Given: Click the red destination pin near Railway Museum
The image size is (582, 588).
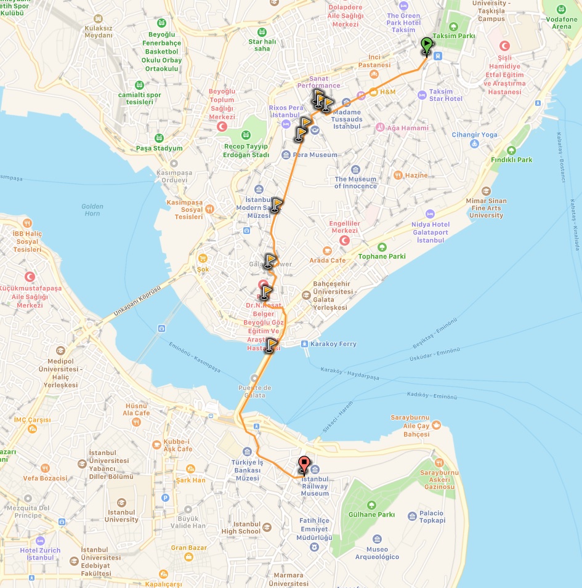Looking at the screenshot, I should [x=304, y=465].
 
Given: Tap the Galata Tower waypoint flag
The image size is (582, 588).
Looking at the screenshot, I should [x=270, y=262].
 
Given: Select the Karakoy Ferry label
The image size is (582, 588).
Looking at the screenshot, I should [x=333, y=344].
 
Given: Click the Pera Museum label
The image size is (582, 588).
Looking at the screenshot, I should [x=315, y=155].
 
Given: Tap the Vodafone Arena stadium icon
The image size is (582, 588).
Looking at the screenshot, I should [x=561, y=9].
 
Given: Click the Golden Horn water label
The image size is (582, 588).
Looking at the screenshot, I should [x=92, y=210].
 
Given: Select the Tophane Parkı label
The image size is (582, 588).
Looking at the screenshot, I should [x=382, y=256].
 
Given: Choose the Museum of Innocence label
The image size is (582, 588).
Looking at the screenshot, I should [x=355, y=182].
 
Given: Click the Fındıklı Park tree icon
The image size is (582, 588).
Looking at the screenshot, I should [x=511, y=150].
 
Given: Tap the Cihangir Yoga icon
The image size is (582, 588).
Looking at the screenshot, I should [x=474, y=144].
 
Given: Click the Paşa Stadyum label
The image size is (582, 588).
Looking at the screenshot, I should [x=159, y=148].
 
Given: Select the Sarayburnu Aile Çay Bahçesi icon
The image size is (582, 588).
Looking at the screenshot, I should [x=436, y=424].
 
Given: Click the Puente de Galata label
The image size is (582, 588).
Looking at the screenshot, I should [x=255, y=391].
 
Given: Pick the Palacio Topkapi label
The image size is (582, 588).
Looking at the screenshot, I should [x=440, y=517].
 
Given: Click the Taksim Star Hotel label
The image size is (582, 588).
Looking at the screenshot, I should [x=445, y=95].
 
